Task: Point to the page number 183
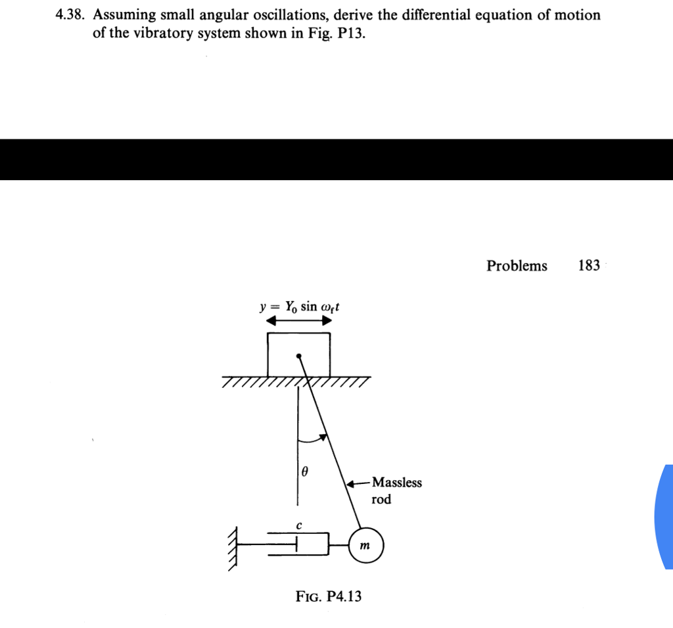coord(589,266)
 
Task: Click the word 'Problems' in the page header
coord(517,266)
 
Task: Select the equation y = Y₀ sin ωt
coord(298,307)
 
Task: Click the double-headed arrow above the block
coord(298,322)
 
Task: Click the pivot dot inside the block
coord(299,357)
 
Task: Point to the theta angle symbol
coord(304,471)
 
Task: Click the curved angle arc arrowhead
coord(323,436)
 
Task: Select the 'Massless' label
coord(397,483)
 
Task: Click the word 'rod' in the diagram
coord(381,500)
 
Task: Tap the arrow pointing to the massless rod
coord(358,483)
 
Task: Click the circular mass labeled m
coord(365,546)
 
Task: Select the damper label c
coord(298,525)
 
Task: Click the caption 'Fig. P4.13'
coord(329,597)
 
